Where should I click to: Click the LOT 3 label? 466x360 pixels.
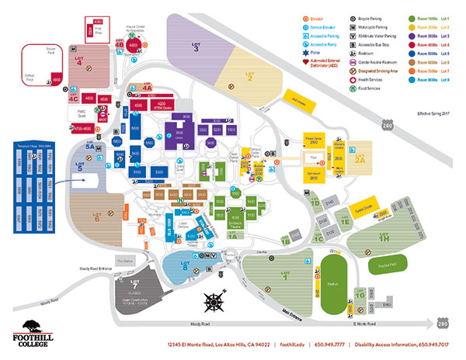(x=196, y=52)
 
